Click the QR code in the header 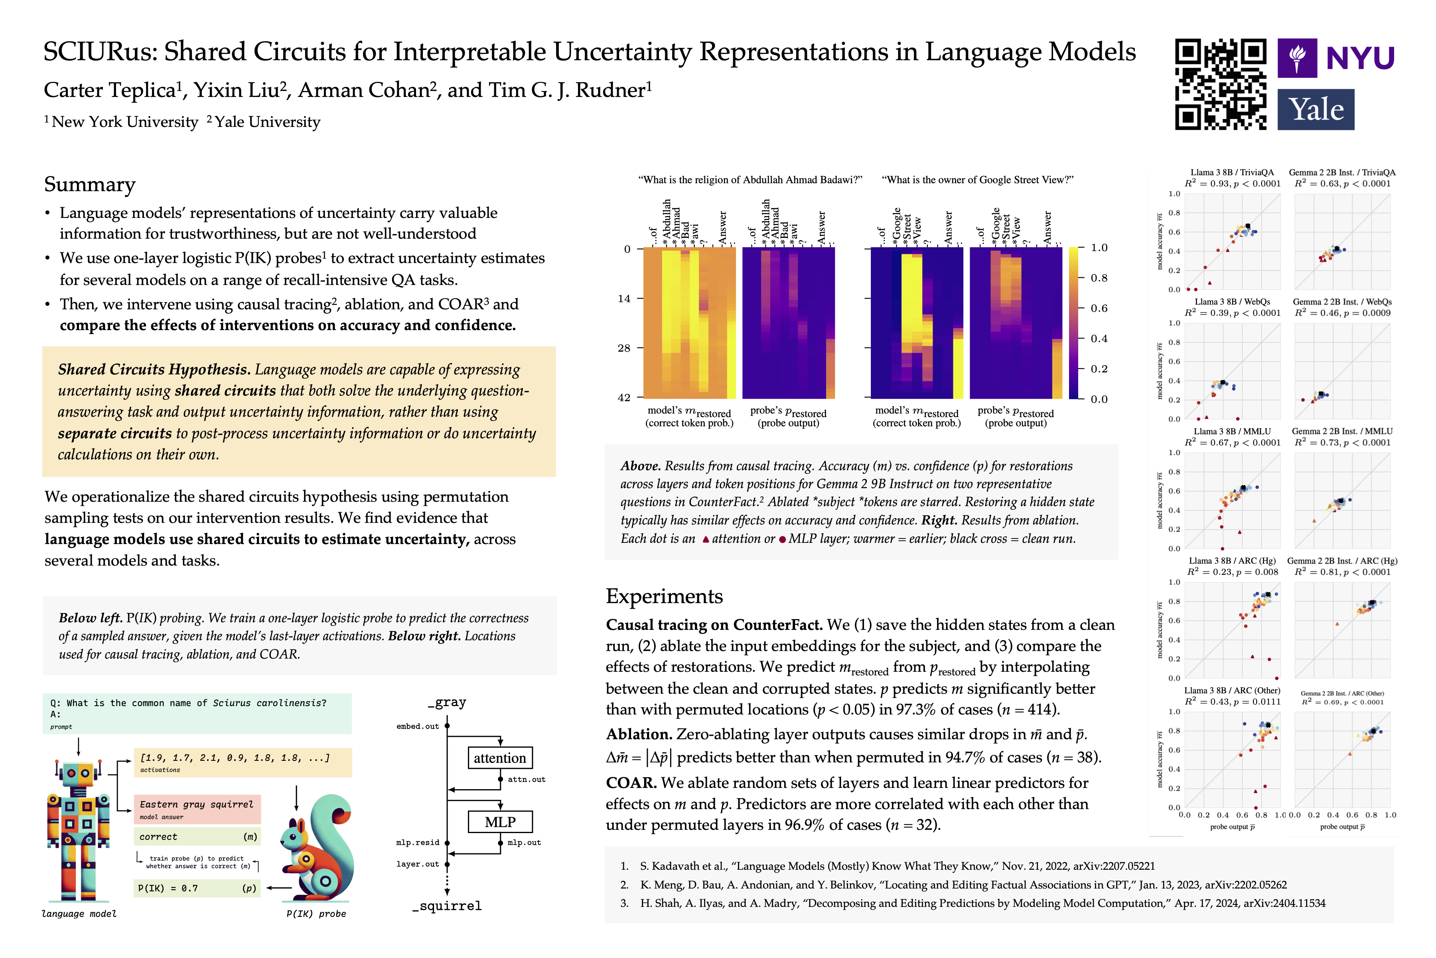[1220, 84]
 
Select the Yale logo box [1315, 109]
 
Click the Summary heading [90, 184]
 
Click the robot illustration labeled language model [78, 831]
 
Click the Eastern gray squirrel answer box [197, 808]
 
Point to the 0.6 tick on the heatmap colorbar [1099, 308]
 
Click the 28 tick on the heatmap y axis [623, 348]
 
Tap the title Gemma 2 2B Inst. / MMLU [1341, 431]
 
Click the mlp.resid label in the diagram [418, 843]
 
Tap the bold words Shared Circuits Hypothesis [154, 370]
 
